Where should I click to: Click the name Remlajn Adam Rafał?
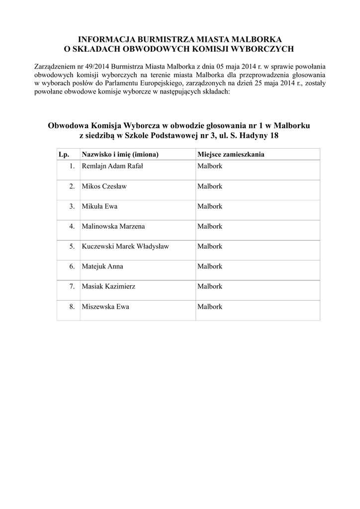click(112, 166)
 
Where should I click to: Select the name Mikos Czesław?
click(104, 186)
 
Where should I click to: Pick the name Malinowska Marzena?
click(113, 226)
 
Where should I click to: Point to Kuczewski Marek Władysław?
click(125, 247)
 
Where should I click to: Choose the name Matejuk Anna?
click(102, 266)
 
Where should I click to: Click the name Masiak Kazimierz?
click(108, 287)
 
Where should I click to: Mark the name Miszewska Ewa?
click(105, 307)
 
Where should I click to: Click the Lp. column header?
click(64, 155)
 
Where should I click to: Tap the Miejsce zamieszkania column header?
click(231, 155)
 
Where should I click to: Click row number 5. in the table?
click(72, 247)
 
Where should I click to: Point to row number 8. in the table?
click(72, 307)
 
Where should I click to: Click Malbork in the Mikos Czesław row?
click(209, 186)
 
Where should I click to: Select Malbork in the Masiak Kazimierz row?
click(209, 287)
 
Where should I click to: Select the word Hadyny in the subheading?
click(255, 136)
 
